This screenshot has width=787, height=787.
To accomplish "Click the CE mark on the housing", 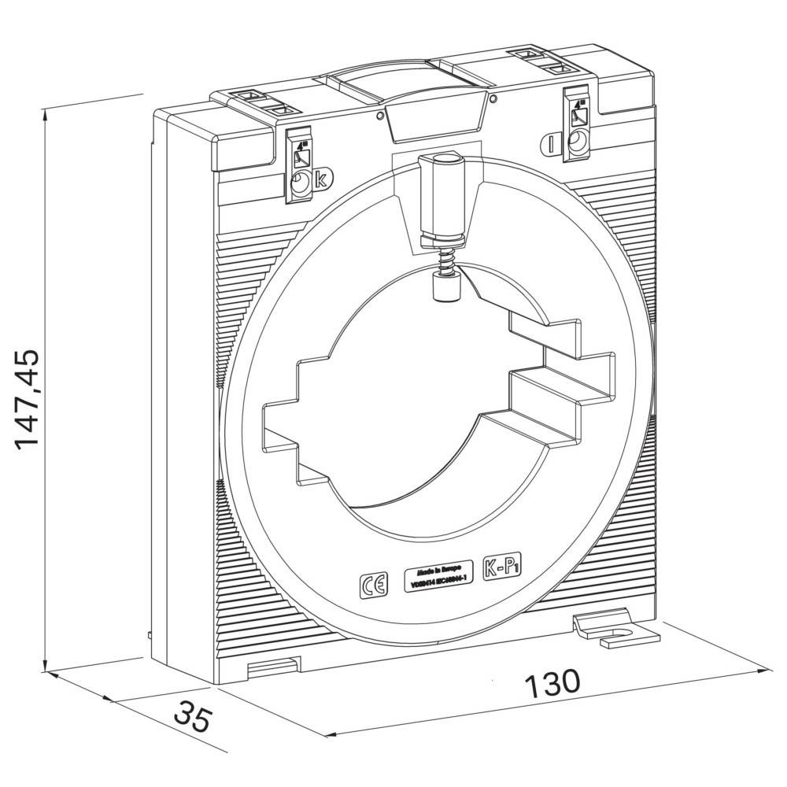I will pos(371,585).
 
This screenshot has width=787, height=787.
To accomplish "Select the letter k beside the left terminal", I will pos(320,179).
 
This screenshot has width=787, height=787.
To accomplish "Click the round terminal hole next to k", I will pos(301,186).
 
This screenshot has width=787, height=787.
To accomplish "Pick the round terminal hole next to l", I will pos(578,142).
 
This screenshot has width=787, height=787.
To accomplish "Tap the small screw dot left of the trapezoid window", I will pos(380,116).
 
